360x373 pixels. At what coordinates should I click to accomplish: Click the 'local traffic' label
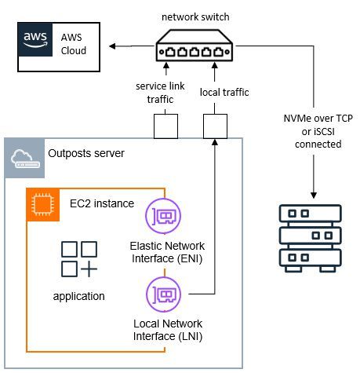pyautogui.click(x=224, y=92)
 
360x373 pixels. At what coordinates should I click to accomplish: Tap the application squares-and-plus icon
pyautogui.click(x=79, y=258)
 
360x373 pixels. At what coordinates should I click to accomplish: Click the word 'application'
pyautogui.click(x=79, y=296)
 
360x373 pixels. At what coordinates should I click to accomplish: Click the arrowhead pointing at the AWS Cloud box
pyautogui.click(x=113, y=46)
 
